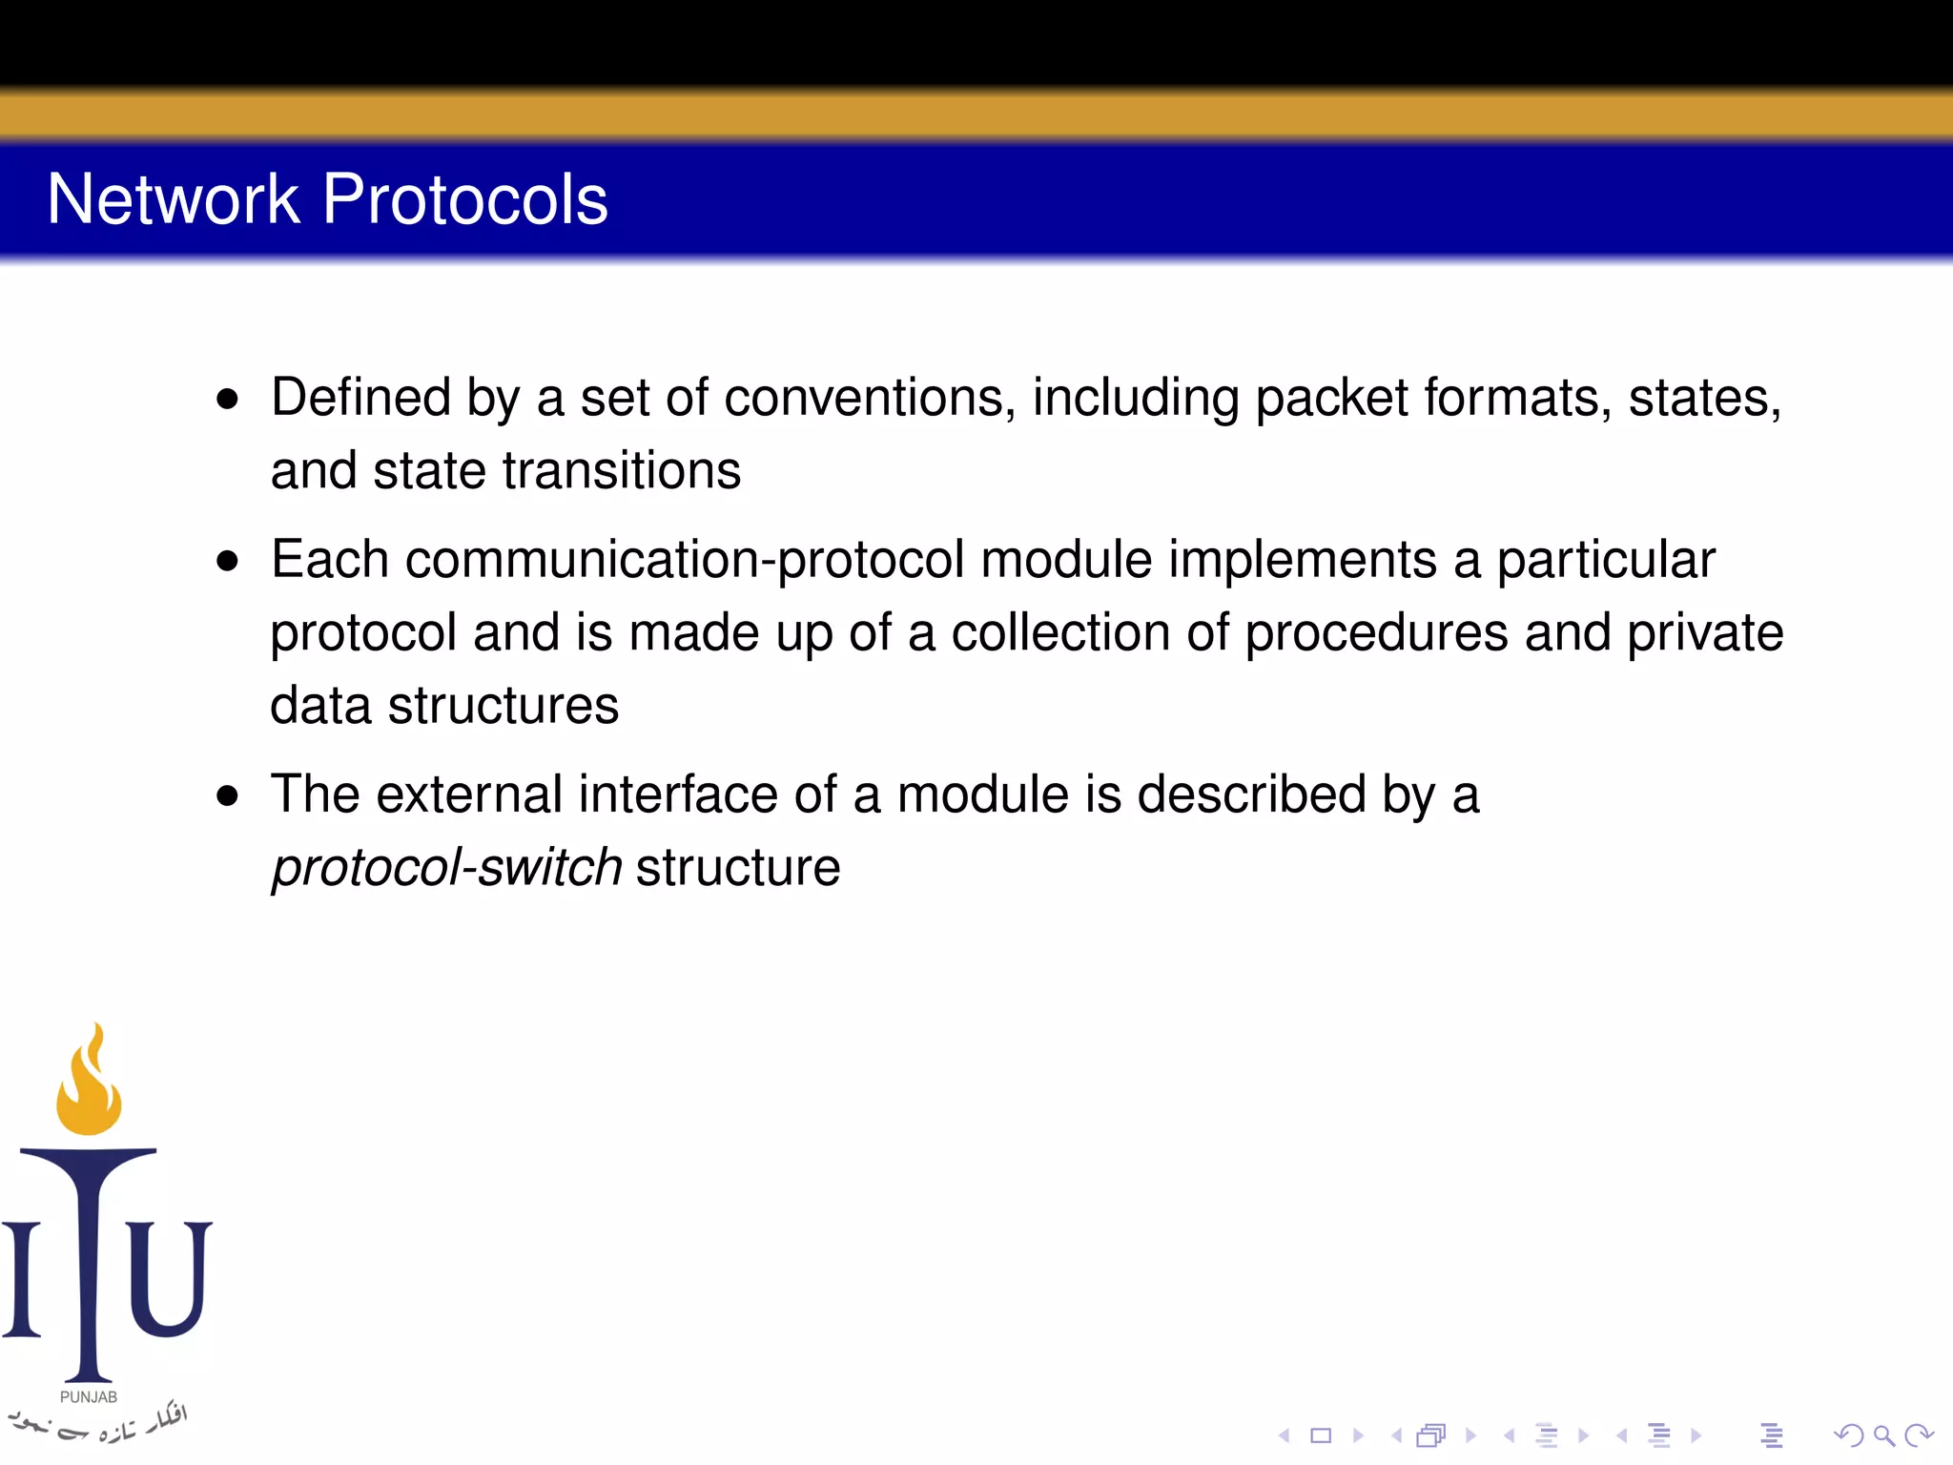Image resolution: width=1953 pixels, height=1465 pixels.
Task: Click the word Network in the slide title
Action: coord(173,199)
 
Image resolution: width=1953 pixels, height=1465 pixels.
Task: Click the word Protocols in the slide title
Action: coord(464,199)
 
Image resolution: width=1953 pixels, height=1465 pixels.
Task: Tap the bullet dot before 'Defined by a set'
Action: coord(227,399)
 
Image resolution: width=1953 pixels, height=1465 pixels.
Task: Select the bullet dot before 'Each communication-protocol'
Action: coord(227,561)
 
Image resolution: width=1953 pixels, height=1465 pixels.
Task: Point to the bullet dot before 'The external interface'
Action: coord(227,795)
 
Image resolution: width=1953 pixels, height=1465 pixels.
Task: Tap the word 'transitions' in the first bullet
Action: coord(621,470)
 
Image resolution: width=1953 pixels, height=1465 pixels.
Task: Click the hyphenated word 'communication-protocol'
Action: coord(685,560)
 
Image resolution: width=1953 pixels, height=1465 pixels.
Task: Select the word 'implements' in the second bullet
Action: coord(1303,560)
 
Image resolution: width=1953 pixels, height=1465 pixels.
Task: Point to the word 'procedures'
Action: coord(1377,633)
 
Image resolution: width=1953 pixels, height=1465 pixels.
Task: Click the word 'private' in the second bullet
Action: coord(1705,633)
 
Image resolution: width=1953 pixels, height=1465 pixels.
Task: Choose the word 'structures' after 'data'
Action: coord(504,706)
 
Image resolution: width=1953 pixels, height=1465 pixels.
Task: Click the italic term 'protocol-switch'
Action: coord(447,868)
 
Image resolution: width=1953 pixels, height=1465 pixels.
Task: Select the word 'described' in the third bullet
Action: coord(1252,794)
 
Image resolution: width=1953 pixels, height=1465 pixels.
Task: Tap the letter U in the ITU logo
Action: coord(168,1278)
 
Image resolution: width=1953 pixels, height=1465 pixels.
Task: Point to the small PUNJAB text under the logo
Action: coord(89,1397)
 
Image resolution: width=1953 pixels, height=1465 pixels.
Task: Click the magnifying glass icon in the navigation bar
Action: coord(1883,1435)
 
